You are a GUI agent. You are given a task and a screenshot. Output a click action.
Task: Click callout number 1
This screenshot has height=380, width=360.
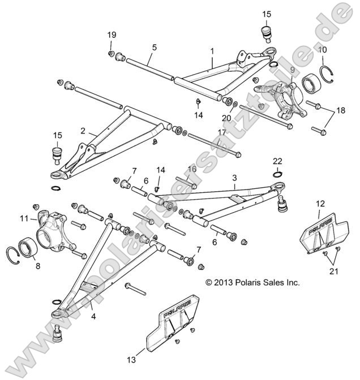(212, 50)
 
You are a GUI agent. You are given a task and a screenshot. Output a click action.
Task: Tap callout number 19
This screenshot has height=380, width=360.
(112, 35)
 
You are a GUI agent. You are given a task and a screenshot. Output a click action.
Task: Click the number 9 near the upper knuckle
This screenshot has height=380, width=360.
(293, 70)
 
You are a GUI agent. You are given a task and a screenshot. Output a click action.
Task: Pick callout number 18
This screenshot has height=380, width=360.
(340, 110)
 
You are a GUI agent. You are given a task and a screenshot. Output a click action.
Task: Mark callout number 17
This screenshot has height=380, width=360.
(206, 133)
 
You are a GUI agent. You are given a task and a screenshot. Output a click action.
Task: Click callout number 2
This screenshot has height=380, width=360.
(83, 131)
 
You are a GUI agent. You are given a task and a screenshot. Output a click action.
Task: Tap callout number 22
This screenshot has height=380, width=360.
(277, 161)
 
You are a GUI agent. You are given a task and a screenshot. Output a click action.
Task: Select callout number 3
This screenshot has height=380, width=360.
(234, 178)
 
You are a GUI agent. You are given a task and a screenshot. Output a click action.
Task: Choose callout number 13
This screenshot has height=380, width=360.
(131, 359)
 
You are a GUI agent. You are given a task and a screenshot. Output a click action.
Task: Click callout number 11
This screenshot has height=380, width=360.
(24, 218)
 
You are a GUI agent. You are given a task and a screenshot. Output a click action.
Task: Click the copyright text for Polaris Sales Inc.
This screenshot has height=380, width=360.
(252, 281)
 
